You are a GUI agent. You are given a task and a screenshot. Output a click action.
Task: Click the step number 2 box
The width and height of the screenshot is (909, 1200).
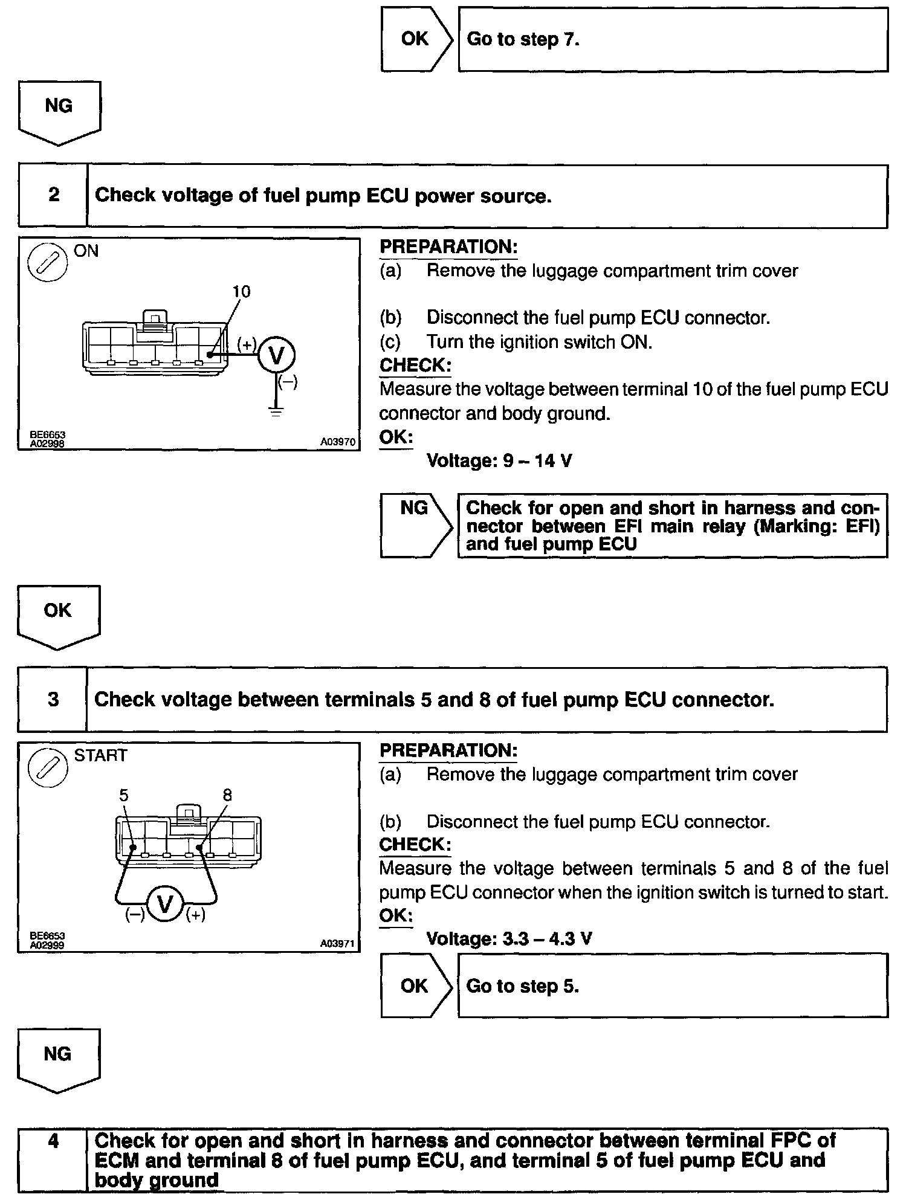(53, 195)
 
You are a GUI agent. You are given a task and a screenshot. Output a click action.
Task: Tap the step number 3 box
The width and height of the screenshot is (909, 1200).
(53, 700)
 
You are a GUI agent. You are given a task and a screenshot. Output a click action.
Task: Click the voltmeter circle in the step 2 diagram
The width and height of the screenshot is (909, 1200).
(276, 355)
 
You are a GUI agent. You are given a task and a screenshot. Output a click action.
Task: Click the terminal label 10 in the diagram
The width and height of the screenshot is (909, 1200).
(241, 292)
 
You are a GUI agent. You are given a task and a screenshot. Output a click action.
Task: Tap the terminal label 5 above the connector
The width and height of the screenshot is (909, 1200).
(124, 795)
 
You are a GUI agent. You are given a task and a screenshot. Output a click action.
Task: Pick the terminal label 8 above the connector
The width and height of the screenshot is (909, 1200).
(227, 795)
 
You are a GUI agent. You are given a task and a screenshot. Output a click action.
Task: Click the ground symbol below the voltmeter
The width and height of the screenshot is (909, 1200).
(276, 413)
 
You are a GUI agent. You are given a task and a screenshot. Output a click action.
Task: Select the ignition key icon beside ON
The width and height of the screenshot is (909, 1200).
(48, 263)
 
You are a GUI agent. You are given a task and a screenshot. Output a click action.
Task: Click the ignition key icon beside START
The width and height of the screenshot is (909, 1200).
(48, 768)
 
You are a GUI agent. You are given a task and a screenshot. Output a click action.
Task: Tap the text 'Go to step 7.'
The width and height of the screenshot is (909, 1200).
(523, 40)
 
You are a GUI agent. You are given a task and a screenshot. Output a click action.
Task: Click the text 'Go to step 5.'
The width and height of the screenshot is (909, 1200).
(523, 986)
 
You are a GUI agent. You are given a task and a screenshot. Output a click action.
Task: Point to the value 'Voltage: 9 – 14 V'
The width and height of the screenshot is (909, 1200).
(499, 461)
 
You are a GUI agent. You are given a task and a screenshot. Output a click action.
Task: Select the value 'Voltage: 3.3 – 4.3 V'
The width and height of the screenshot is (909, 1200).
(509, 938)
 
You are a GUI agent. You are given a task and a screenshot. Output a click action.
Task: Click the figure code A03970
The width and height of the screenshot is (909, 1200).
(337, 442)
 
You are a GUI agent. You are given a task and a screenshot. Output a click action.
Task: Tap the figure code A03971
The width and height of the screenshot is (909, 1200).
(337, 944)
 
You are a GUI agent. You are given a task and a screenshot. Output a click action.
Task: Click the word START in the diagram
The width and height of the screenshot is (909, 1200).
(101, 755)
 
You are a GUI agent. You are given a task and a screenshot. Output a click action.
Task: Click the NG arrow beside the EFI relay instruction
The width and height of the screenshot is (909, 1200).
(416, 524)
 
